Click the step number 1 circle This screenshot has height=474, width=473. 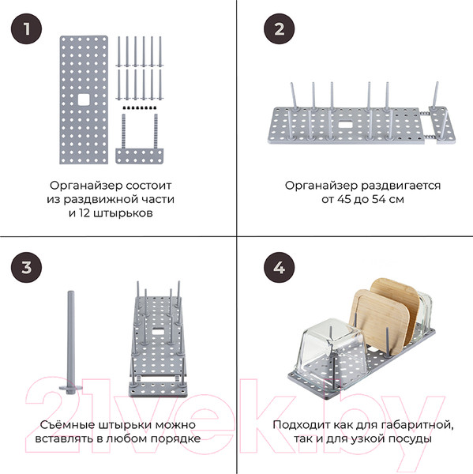27,29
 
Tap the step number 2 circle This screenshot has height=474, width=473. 280,29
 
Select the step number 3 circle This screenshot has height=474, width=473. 27,268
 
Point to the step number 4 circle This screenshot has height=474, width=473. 280,268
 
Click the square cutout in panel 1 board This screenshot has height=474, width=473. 84,100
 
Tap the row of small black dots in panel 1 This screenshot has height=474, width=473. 140,107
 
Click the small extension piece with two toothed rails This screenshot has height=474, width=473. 140,139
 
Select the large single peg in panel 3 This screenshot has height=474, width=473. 71,342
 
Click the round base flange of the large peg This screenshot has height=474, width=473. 71,388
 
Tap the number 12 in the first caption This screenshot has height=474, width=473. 84,213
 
